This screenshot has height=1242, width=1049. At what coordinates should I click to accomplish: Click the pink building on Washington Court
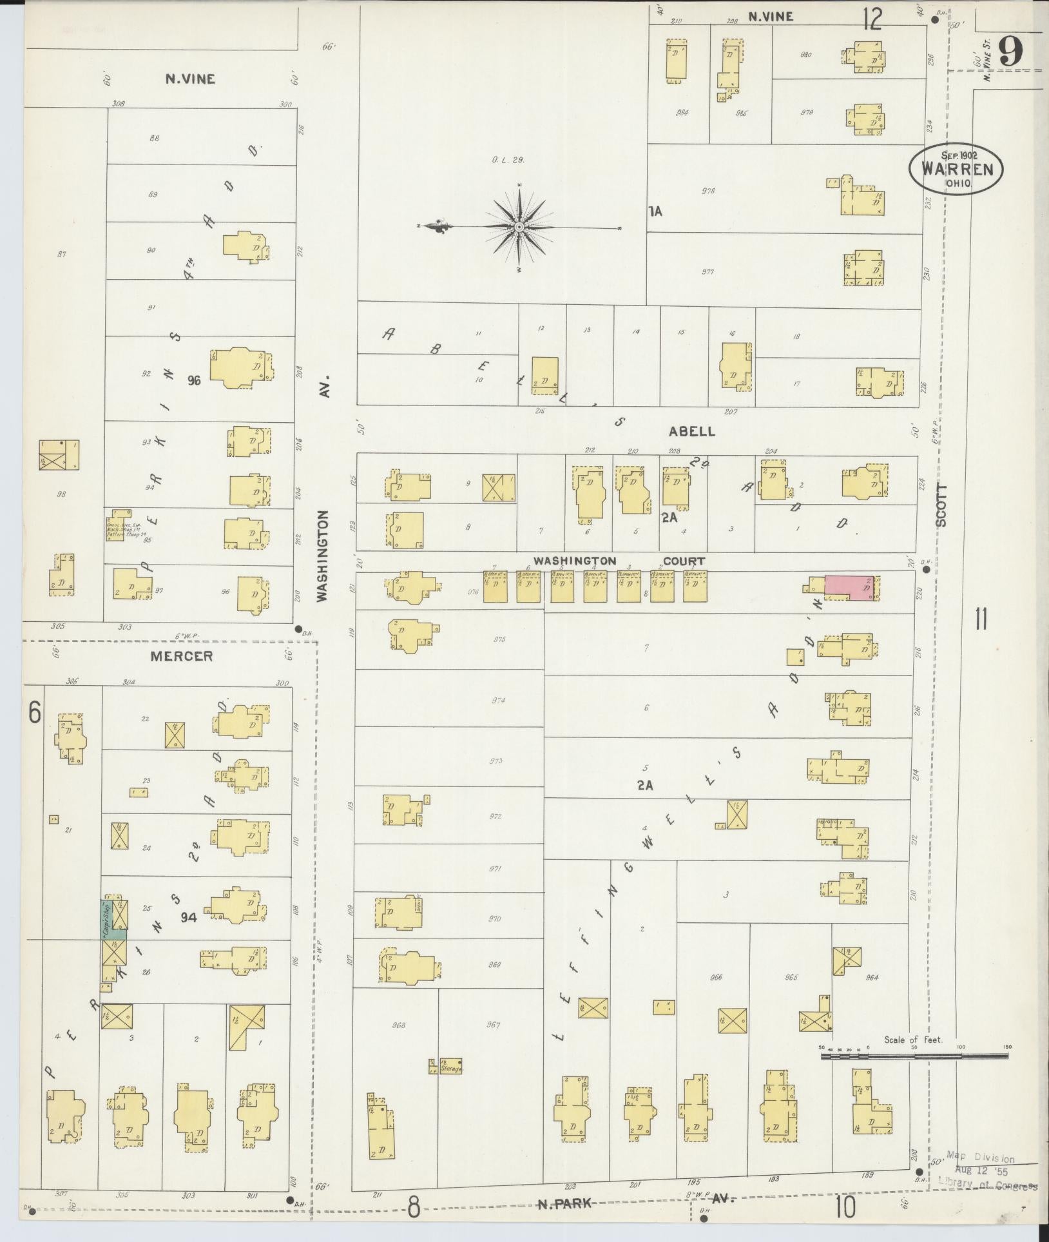(850, 587)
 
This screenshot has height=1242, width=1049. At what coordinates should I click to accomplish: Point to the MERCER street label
(181, 657)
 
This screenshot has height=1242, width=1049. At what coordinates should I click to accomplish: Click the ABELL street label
(693, 431)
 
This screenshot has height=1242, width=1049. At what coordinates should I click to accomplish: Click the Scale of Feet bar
(914, 1056)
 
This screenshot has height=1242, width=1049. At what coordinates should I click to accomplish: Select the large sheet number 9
(1012, 50)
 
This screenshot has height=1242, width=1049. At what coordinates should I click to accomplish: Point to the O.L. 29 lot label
(509, 160)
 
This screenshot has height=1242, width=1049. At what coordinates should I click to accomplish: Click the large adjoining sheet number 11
(981, 620)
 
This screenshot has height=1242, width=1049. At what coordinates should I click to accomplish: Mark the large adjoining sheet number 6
(35, 713)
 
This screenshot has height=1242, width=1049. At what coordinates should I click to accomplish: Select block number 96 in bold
(194, 380)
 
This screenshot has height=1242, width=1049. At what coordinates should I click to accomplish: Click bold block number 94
(189, 916)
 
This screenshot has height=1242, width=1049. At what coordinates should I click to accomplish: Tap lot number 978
(709, 190)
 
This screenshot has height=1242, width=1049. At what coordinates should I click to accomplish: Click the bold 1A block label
(655, 211)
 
